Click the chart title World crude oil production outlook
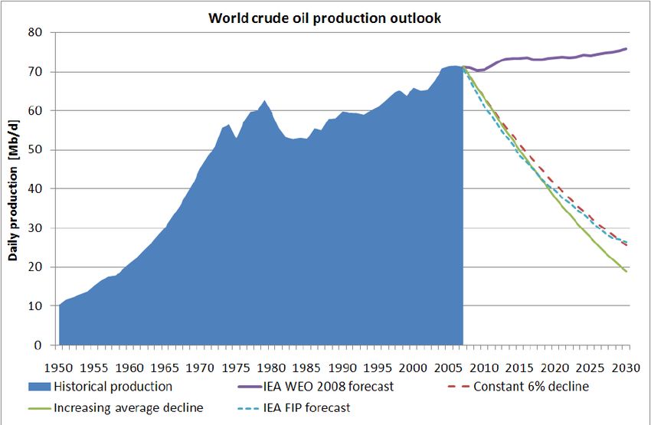click(x=325, y=18)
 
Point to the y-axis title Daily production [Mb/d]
click(x=13, y=188)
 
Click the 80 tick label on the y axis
click(x=34, y=33)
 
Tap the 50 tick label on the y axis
click(x=34, y=150)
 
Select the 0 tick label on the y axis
click(x=38, y=345)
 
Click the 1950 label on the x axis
click(x=59, y=365)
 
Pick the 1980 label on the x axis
click(x=272, y=365)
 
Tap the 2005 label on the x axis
click(x=450, y=365)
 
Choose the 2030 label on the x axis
click(x=627, y=365)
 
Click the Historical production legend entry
click(x=113, y=387)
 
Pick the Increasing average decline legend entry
click(x=128, y=408)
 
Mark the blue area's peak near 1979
click(x=265, y=100)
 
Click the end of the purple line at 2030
click(x=627, y=49)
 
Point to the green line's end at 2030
click(x=627, y=271)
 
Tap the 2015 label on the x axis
click(x=521, y=365)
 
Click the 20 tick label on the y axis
click(x=34, y=267)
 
